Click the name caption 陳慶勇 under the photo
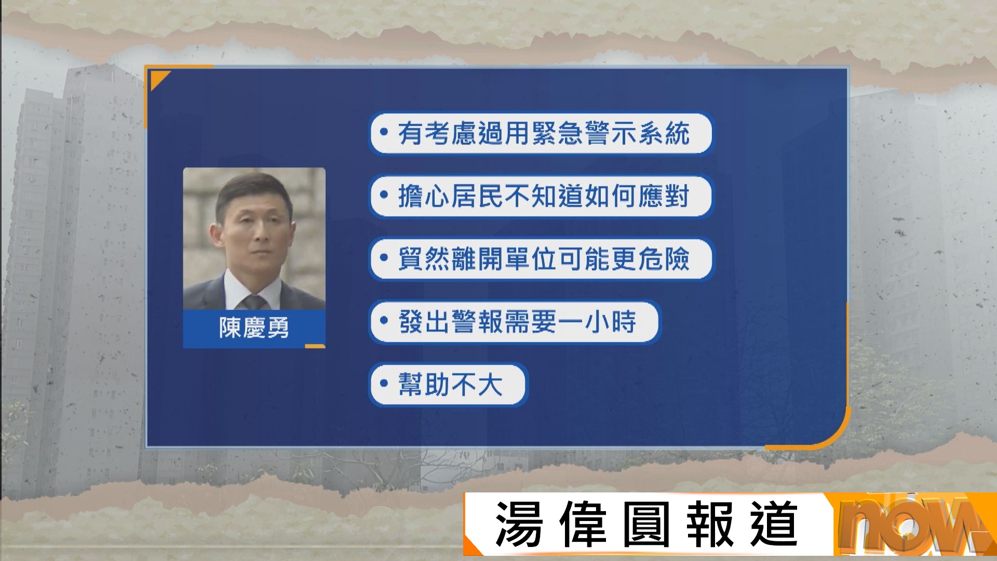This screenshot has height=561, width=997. [x=254, y=328]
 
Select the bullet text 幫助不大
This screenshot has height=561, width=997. [x=450, y=385]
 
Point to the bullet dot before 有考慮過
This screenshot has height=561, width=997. [x=384, y=132]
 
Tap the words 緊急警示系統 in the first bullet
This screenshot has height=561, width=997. [x=611, y=133]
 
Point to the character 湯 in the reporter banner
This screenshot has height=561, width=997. [x=519, y=524]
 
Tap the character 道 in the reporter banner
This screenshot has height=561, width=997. [x=774, y=524]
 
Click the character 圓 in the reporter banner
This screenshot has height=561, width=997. [x=646, y=524]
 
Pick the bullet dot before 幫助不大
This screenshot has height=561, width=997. [x=384, y=384]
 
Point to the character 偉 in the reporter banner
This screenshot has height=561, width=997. [x=583, y=524]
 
